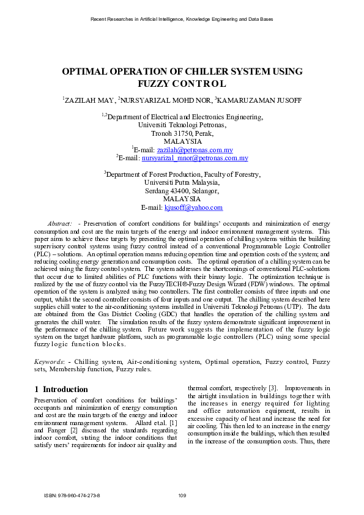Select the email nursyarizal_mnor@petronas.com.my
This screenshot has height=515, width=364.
[x=195, y=158]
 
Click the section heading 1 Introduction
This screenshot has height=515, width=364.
[x=61, y=389]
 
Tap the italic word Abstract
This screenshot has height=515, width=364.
[x=60, y=225]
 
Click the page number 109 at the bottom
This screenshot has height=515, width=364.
[x=182, y=495]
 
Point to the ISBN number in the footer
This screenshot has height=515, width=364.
[x=72, y=495]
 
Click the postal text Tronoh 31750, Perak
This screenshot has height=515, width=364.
[x=182, y=132]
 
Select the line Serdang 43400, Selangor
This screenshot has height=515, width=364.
[x=182, y=191]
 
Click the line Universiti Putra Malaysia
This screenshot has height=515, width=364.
[x=182, y=182]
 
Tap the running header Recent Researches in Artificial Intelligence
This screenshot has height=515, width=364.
[x=182, y=20]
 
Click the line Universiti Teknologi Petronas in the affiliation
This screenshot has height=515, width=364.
[x=182, y=124]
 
